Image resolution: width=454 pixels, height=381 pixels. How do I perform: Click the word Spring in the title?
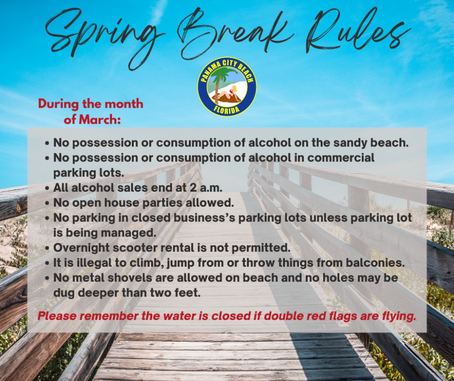pyautogui.click(x=104, y=35)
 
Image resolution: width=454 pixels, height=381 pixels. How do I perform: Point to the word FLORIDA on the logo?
pyautogui.click(x=227, y=109)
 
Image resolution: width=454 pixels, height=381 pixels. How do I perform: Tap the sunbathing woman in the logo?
pyautogui.click(x=229, y=94)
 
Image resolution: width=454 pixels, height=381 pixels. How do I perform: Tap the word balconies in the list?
pyautogui.click(x=375, y=263)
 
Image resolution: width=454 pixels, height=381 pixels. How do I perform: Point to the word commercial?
pyautogui.click(x=341, y=157)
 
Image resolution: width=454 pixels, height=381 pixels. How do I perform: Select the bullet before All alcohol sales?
pyautogui.click(x=48, y=188)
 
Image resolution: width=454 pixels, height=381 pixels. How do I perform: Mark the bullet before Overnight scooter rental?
pyautogui.click(x=48, y=249)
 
